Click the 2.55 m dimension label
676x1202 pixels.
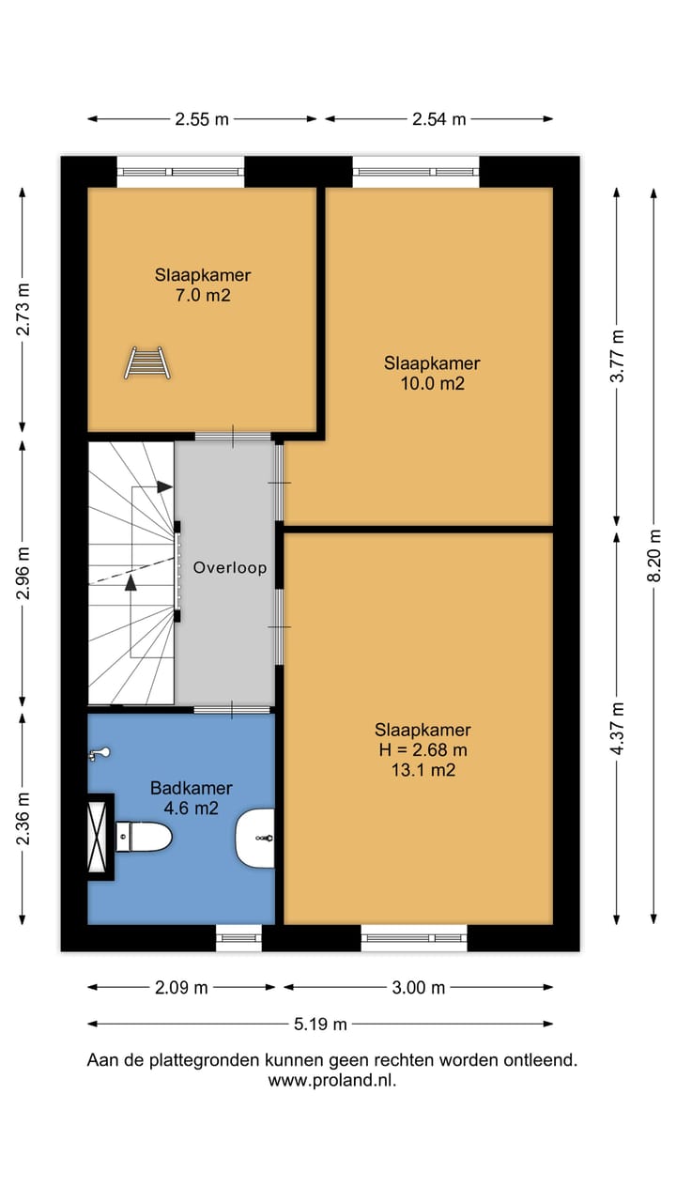click(202, 119)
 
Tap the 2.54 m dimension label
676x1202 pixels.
click(438, 119)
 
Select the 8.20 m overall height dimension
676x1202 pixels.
click(653, 555)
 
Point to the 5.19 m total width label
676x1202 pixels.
click(320, 1024)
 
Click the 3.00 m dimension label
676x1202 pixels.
click(419, 987)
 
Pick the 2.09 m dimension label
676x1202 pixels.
click(181, 987)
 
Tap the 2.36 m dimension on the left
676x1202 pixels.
click(23, 819)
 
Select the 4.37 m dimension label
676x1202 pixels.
click(617, 728)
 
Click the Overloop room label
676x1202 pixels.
click(230, 568)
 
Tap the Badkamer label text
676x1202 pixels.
click(191, 788)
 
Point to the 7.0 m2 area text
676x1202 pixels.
click(203, 295)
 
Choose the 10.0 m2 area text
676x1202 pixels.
click(433, 383)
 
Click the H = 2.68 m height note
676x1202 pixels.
click(422, 749)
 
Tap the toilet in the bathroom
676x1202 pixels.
click(144, 837)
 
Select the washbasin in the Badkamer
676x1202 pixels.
click(255, 839)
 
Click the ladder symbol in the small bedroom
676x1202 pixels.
click(147, 363)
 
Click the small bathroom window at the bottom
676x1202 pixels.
click(238, 938)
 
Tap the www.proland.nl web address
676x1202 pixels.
click(332, 1081)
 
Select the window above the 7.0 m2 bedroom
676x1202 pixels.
click(180, 172)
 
